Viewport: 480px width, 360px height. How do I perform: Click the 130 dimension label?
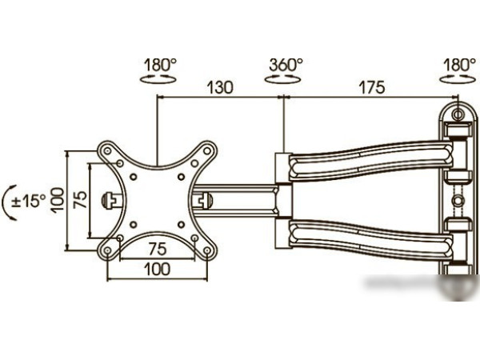tap(220, 87)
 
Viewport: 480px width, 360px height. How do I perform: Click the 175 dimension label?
tap(372, 87)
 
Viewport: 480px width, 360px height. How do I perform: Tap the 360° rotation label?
tap(286, 65)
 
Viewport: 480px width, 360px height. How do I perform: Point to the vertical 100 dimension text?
tap(58, 201)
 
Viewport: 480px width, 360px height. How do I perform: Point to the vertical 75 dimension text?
tap(80, 200)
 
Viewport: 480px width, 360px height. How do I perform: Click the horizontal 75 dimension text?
tap(158, 249)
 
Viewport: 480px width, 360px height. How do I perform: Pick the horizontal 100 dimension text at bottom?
tap(158, 269)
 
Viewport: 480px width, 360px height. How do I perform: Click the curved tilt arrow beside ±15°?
tap(6, 202)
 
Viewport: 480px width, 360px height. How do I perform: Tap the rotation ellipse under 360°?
tap(282, 79)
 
